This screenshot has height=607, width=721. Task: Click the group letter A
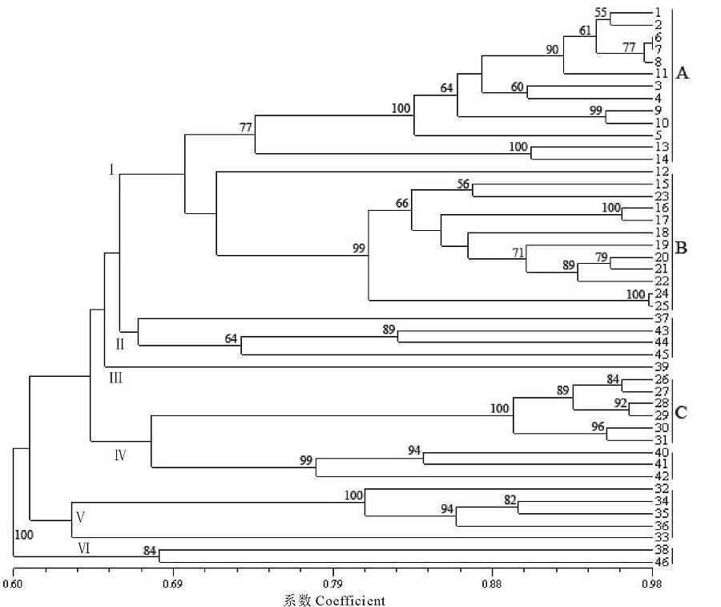pyautogui.click(x=683, y=74)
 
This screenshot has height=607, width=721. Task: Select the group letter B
pyautogui.click(x=683, y=247)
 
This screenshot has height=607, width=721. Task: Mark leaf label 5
pyautogui.click(x=657, y=136)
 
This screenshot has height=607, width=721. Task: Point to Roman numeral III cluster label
pyautogui.click(x=115, y=378)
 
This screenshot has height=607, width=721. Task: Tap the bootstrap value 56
pyautogui.click(x=463, y=184)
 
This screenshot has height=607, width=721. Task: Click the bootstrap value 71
pyautogui.click(x=518, y=253)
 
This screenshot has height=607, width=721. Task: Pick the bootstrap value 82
pyautogui.click(x=510, y=500)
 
